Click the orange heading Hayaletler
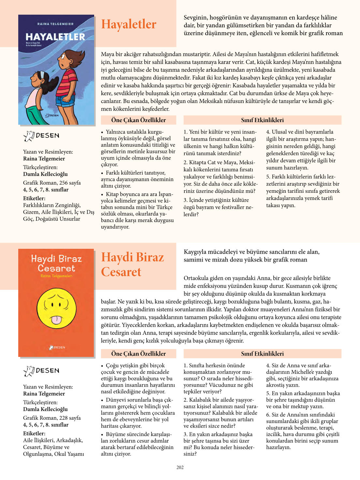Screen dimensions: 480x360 tap(129, 24)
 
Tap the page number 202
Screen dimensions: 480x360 tap(180, 468)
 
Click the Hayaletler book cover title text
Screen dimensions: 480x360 tap(55, 37)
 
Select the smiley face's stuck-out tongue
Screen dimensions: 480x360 tap(56, 319)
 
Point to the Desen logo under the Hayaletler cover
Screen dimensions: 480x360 tap(41, 136)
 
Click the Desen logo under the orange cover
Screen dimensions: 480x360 tap(41, 371)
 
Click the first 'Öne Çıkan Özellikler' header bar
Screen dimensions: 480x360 tap(138, 120)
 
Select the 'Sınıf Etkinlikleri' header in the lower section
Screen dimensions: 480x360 tap(262, 354)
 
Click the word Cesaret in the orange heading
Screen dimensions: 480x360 tap(121, 272)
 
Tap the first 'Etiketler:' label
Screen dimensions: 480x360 tap(34, 198)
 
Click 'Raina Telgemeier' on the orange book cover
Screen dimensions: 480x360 tap(56, 276)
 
